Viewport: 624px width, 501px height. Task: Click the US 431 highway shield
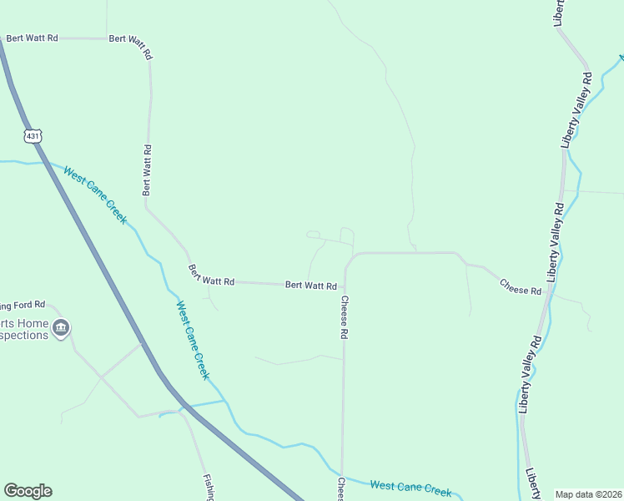(x=33, y=135)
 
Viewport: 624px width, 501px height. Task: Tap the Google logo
(x=28, y=491)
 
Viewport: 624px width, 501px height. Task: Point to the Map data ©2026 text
(x=589, y=494)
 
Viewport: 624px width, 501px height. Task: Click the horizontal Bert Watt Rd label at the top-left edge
(x=32, y=38)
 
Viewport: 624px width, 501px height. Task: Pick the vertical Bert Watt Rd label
(x=147, y=170)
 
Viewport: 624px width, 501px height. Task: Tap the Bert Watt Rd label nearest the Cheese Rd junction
(x=310, y=286)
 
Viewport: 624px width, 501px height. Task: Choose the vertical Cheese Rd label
(x=343, y=317)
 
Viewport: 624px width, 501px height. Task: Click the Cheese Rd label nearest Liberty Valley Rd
(x=521, y=286)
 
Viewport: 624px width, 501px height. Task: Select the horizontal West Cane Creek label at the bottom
(x=410, y=487)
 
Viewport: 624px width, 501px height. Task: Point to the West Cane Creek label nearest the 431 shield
(x=96, y=195)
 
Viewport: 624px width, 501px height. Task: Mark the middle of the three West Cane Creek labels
(x=191, y=340)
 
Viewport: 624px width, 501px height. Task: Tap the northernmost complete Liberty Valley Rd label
(x=576, y=109)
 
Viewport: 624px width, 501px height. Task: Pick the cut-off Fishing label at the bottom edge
(x=209, y=488)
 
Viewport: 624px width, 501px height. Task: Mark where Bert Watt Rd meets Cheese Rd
(x=344, y=286)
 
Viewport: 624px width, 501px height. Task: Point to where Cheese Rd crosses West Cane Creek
(x=341, y=473)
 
